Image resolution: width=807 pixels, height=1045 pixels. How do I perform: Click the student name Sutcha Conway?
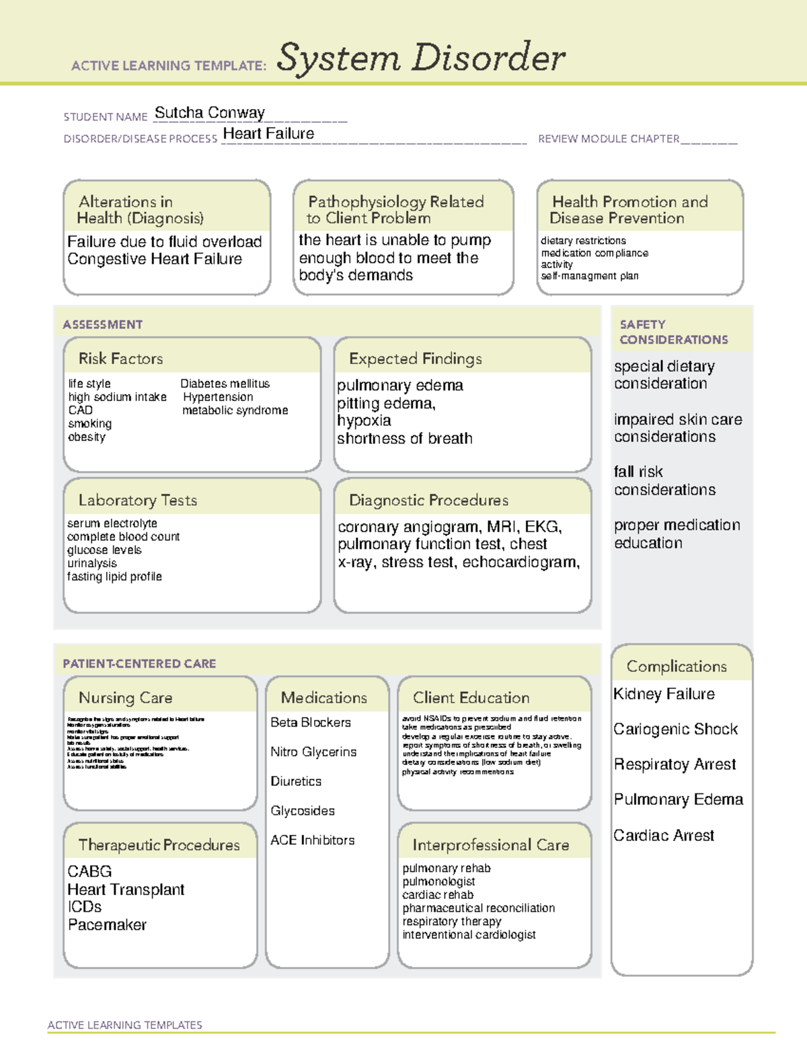click(209, 113)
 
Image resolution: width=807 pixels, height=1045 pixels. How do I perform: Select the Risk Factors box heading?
click(120, 359)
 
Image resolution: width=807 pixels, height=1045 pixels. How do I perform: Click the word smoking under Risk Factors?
click(89, 424)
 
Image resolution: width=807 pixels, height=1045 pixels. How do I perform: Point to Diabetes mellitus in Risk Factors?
click(225, 384)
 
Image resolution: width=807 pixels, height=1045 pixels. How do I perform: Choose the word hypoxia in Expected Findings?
click(364, 421)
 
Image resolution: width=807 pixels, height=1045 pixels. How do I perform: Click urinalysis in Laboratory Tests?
click(92, 563)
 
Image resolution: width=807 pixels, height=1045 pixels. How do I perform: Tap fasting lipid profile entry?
click(114, 577)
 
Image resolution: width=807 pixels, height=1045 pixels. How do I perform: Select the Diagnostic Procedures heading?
click(428, 501)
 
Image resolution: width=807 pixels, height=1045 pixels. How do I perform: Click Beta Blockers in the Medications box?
click(311, 723)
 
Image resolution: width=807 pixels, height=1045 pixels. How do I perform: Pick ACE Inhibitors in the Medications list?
click(312, 840)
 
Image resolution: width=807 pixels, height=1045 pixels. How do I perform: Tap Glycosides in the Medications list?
click(303, 811)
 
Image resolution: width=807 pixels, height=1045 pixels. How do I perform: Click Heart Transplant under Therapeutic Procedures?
click(126, 890)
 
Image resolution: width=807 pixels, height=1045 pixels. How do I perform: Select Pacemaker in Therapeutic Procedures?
click(107, 925)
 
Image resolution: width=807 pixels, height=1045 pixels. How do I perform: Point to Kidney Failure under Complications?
click(664, 694)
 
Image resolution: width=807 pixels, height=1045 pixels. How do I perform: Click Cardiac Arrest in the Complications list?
click(664, 836)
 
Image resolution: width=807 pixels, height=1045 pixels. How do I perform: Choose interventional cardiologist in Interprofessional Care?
click(469, 935)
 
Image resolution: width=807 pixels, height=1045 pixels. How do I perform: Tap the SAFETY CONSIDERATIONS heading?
click(673, 332)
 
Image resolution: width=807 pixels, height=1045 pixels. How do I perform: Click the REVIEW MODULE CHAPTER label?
click(609, 139)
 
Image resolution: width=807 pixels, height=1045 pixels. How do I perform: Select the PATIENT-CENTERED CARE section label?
click(139, 663)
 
